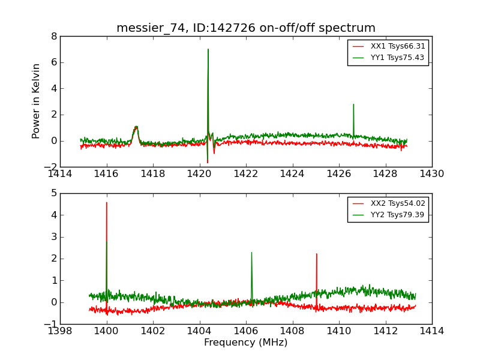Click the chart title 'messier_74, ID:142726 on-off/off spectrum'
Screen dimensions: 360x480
pyautogui.click(x=246, y=28)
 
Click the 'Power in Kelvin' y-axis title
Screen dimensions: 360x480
pyautogui.click(x=37, y=101)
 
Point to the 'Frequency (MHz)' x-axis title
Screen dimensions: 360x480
pyautogui.click(x=246, y=343)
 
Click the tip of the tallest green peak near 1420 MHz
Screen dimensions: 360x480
pyautogui.click(x=208, y=49)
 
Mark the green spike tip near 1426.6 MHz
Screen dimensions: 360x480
pyautogui.click(x=353, y=104)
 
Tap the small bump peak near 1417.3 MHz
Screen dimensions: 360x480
pyautogui.click(x=136, y=127)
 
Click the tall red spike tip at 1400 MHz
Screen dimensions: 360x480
pyautogui.click(x=107, y=202)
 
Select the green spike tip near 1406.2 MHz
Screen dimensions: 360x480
pyautogui.click(x=251, y=252)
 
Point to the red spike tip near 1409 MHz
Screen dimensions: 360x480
pyautogui.click(x=316, y=254)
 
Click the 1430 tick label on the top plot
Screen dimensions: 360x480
pyautogui.click(x=432, y=174)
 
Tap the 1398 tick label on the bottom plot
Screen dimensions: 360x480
pyautogui.click(x=60, y=331)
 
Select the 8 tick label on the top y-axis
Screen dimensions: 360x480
pyautogui.click(x=54, y=36)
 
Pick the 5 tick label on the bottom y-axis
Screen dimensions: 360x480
pyautogui.click(x=54, y=193)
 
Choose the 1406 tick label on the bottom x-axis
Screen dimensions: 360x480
pyautogui.click(x=246, y=331)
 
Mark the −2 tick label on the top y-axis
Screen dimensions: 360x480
pyautogui.click(x=50, y=167)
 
